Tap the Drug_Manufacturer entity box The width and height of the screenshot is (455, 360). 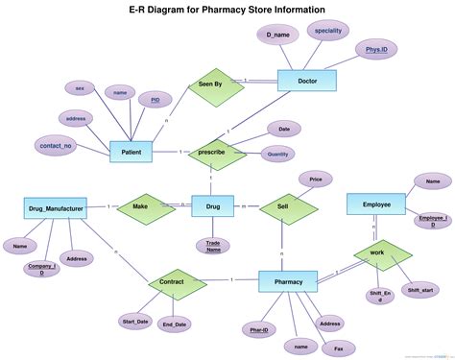[56, 206]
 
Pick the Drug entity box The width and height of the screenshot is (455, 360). [213, 206]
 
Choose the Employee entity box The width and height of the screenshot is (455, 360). [376, 205]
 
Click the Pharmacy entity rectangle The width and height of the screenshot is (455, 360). [288, 282]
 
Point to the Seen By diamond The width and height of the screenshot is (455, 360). [210, 84]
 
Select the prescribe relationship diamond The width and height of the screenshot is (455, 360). [212, 153]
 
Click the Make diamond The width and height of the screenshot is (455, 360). [140, 206]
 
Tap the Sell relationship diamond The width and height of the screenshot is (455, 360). [282, 206]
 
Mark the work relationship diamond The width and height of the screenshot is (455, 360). [376, 255]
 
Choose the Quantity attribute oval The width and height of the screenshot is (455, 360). [278, 154]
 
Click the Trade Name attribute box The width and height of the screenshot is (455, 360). [213, 247]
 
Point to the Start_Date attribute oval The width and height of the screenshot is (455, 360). [135, 320]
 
